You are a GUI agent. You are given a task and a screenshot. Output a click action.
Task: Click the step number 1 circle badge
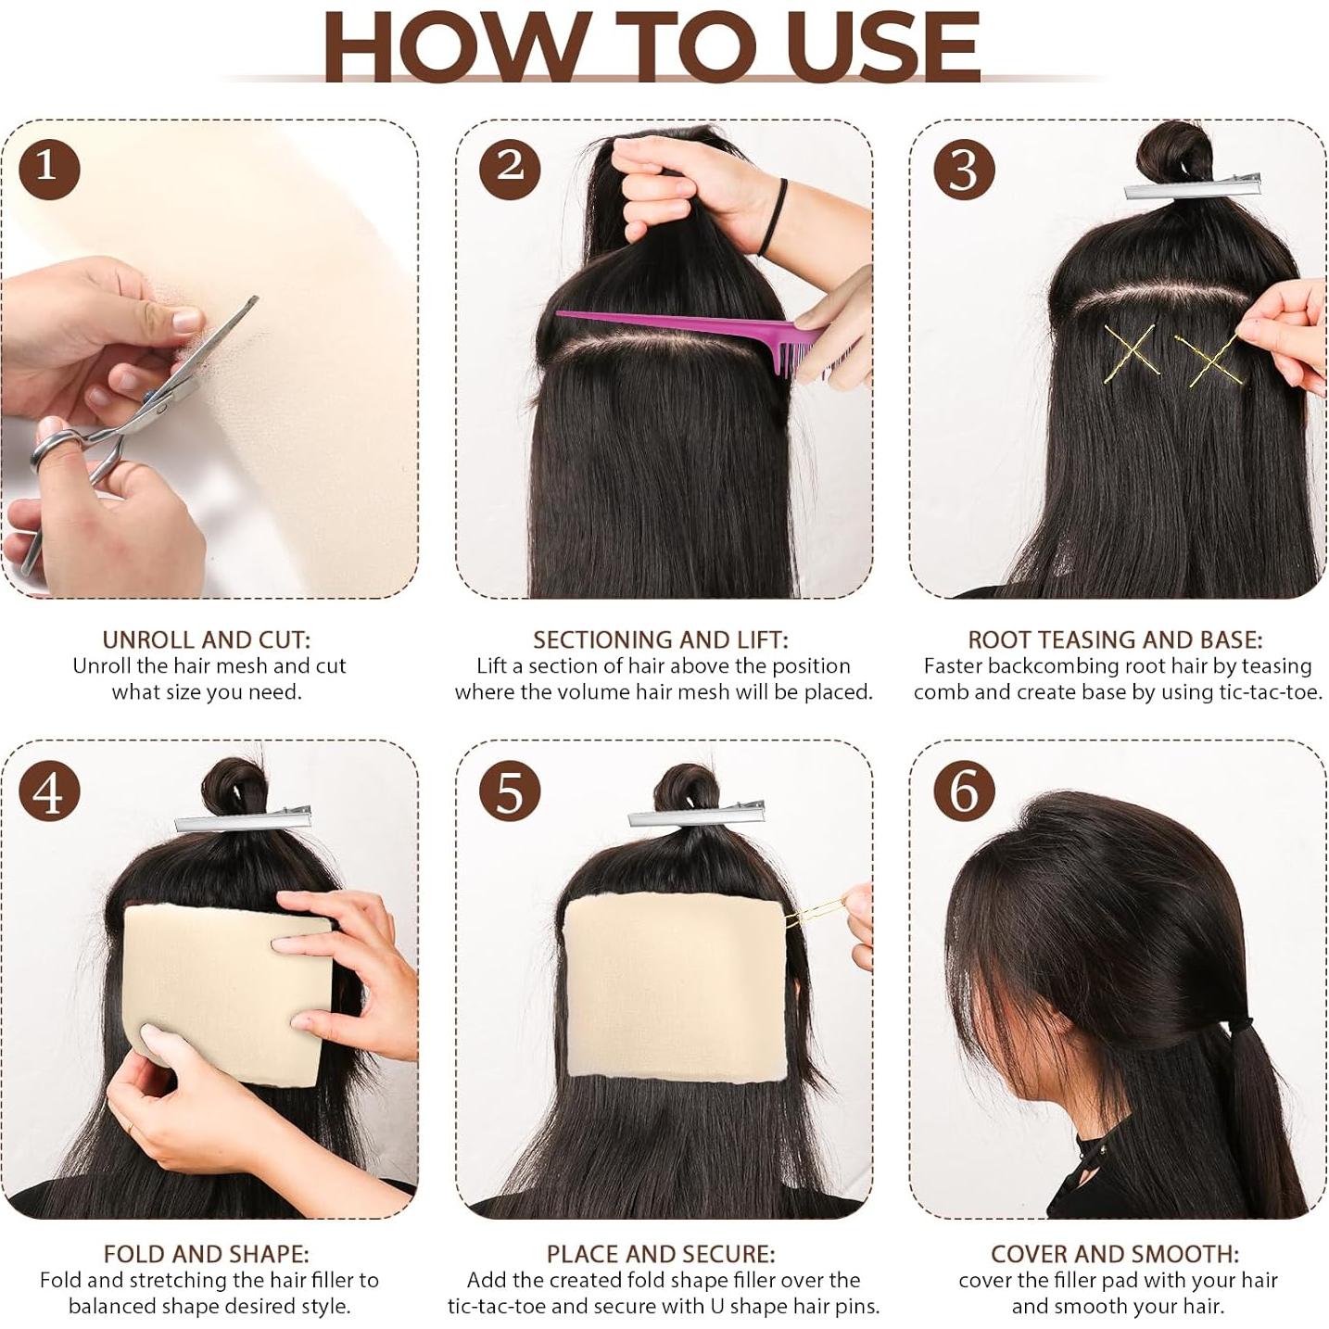point(46,168)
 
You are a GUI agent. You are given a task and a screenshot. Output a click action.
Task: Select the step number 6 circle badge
point(965,791)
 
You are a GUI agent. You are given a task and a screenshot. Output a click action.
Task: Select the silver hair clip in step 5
point(697,815)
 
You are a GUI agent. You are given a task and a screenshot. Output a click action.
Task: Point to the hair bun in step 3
point(1171,148)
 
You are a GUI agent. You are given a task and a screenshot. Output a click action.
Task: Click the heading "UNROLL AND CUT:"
point(207,639)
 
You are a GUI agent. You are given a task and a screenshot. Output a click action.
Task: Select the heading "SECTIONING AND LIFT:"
point(660,639)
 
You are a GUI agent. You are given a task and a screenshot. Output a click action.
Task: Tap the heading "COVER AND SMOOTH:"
point(1115,1254)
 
